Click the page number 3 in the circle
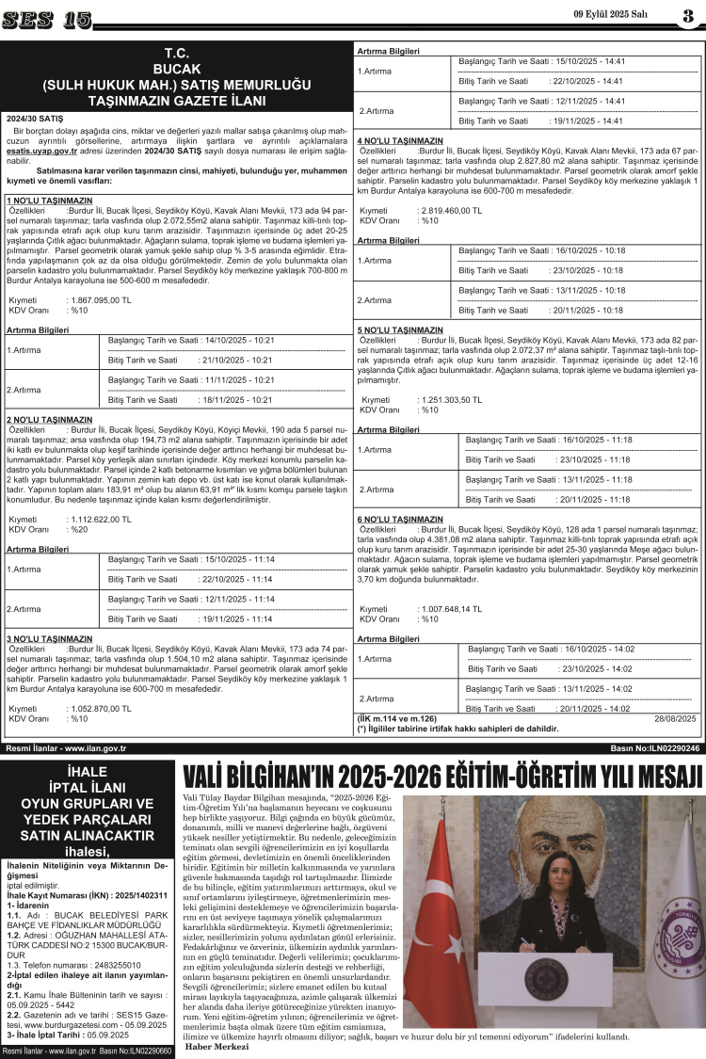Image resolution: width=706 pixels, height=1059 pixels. [x=687, y=16]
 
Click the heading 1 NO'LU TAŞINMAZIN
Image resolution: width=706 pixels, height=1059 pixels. [x=49, y=201]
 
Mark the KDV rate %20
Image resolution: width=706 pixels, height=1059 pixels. [x=78, y=529]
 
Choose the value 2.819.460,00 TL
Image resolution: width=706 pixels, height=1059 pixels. [x=449, y=211]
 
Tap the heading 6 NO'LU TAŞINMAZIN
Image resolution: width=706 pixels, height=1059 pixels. [x=400, y=519]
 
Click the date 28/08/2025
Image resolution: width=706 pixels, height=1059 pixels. [x=676, y=718]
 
